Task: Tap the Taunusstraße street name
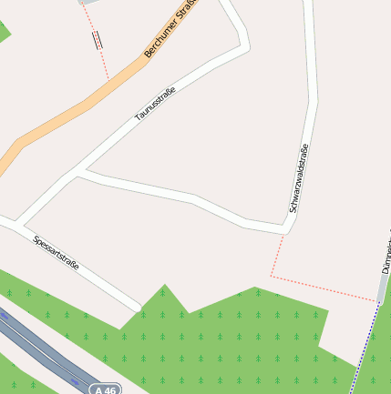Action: (x=155, y=103)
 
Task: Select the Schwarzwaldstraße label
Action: (x=298, y=178)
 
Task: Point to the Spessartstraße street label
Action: (x=56, y=254)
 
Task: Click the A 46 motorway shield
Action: (x=105, y=389)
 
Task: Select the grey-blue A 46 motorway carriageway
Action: (x=36, y=346)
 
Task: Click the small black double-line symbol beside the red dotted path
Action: (x=97, y=38)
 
